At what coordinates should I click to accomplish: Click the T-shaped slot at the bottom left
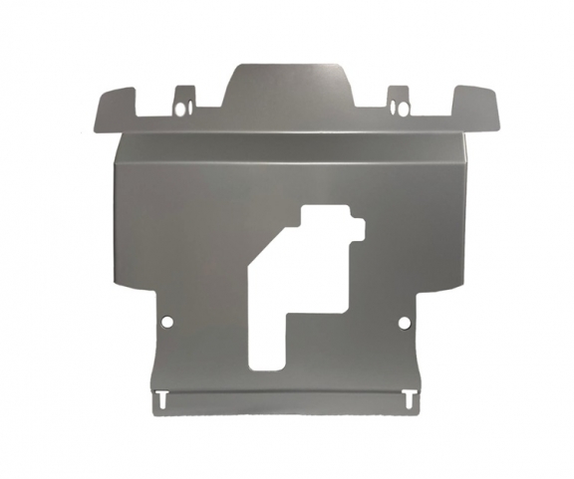(160, 395)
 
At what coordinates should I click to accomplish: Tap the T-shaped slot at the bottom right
(411, 395)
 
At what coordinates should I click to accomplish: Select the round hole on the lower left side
(167, 323)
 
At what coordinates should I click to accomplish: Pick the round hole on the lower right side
(404, 323)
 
